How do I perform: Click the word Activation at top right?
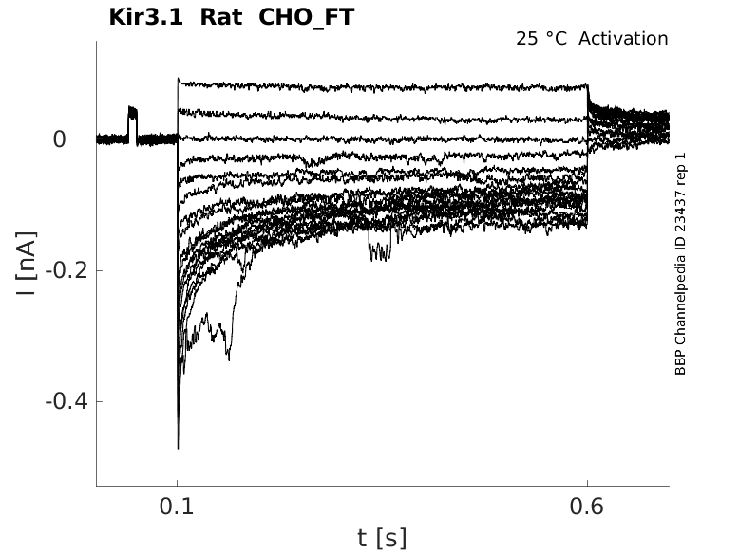[x=623, y=39]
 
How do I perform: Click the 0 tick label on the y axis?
[x=59, y=139]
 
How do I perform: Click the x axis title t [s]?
[x=382, y=538]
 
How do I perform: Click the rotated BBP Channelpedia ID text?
[x=680, y=264]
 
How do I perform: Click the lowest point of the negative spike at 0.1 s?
[x=178, y=447]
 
